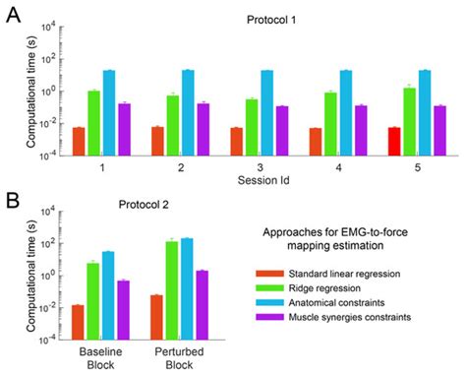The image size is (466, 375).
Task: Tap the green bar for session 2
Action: [x=173, y=126]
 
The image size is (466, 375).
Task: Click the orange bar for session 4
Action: [x=315, y=142]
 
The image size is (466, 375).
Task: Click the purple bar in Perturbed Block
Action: [x=203, y=305]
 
